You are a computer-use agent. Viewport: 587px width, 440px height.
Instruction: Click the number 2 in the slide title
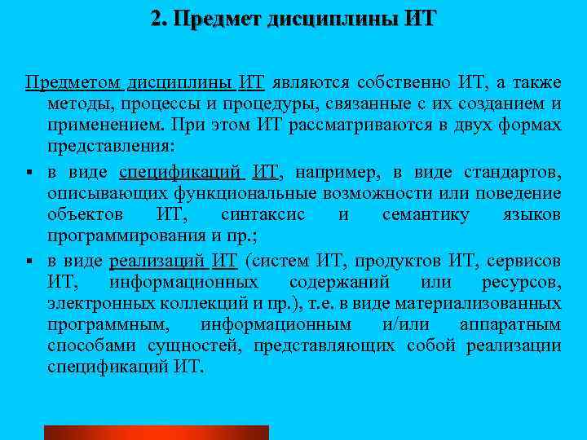[156, 18]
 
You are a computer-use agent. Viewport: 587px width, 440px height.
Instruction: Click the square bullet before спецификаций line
[29, 173]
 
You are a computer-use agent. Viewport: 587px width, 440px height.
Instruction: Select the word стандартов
[511, 171]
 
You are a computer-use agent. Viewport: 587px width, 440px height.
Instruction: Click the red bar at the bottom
[156, 432]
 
